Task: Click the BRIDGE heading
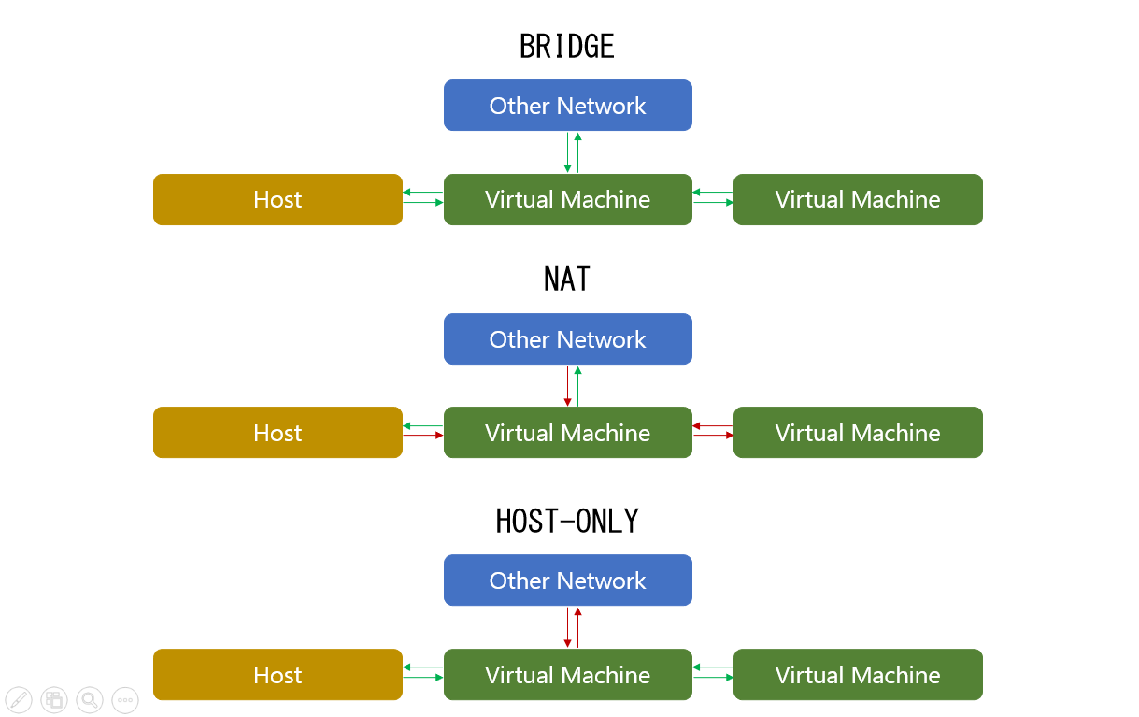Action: coord(567,47)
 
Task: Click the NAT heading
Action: coord(567,280)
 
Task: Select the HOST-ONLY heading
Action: coord(567,522)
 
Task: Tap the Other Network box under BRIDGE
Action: coord(567,106)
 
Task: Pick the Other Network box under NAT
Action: coord(567,339)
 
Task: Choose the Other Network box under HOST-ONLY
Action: coord(567,581)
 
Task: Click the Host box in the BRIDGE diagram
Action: coord(278,199)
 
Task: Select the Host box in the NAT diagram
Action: coord(278,433)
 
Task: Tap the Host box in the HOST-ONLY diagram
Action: coord(278,675)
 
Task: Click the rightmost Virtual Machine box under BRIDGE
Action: coord(858,199)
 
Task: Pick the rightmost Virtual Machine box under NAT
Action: coord(858,433)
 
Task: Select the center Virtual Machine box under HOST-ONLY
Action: coord(567,675)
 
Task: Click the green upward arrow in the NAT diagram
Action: coord(578,385)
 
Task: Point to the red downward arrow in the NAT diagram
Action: coord(567,385)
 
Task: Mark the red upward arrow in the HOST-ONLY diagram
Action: coord(578,627)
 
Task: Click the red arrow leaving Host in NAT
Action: coord(423,435)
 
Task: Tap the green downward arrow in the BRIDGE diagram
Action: coord(567,152)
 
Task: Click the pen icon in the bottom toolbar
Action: coord(19,699)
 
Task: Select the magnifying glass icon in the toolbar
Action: coord(90,699)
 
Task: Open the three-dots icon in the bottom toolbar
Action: coord(125,699)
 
